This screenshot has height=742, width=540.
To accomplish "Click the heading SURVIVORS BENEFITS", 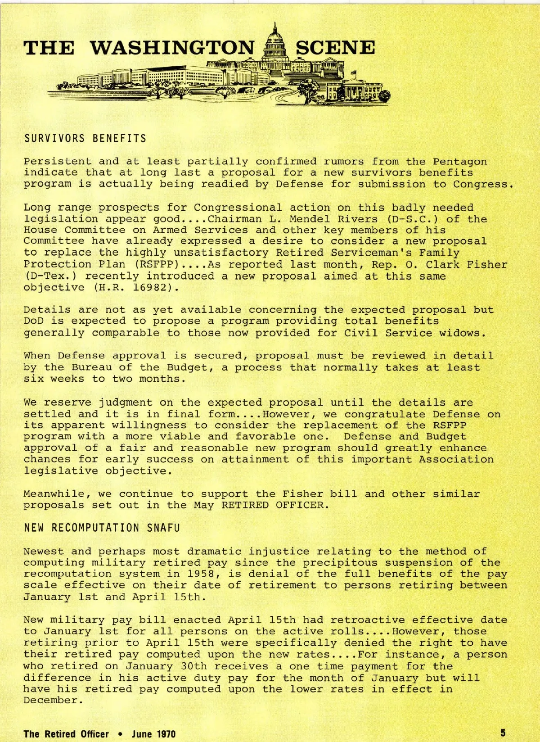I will tap(85, 138).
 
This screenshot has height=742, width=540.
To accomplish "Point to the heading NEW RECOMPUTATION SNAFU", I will tap(102, 528).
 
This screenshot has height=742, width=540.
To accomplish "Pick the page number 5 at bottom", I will tap(503, 733).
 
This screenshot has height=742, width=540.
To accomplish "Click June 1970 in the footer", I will tap(153, 734).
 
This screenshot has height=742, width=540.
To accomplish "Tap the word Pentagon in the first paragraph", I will tap(459, 161).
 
